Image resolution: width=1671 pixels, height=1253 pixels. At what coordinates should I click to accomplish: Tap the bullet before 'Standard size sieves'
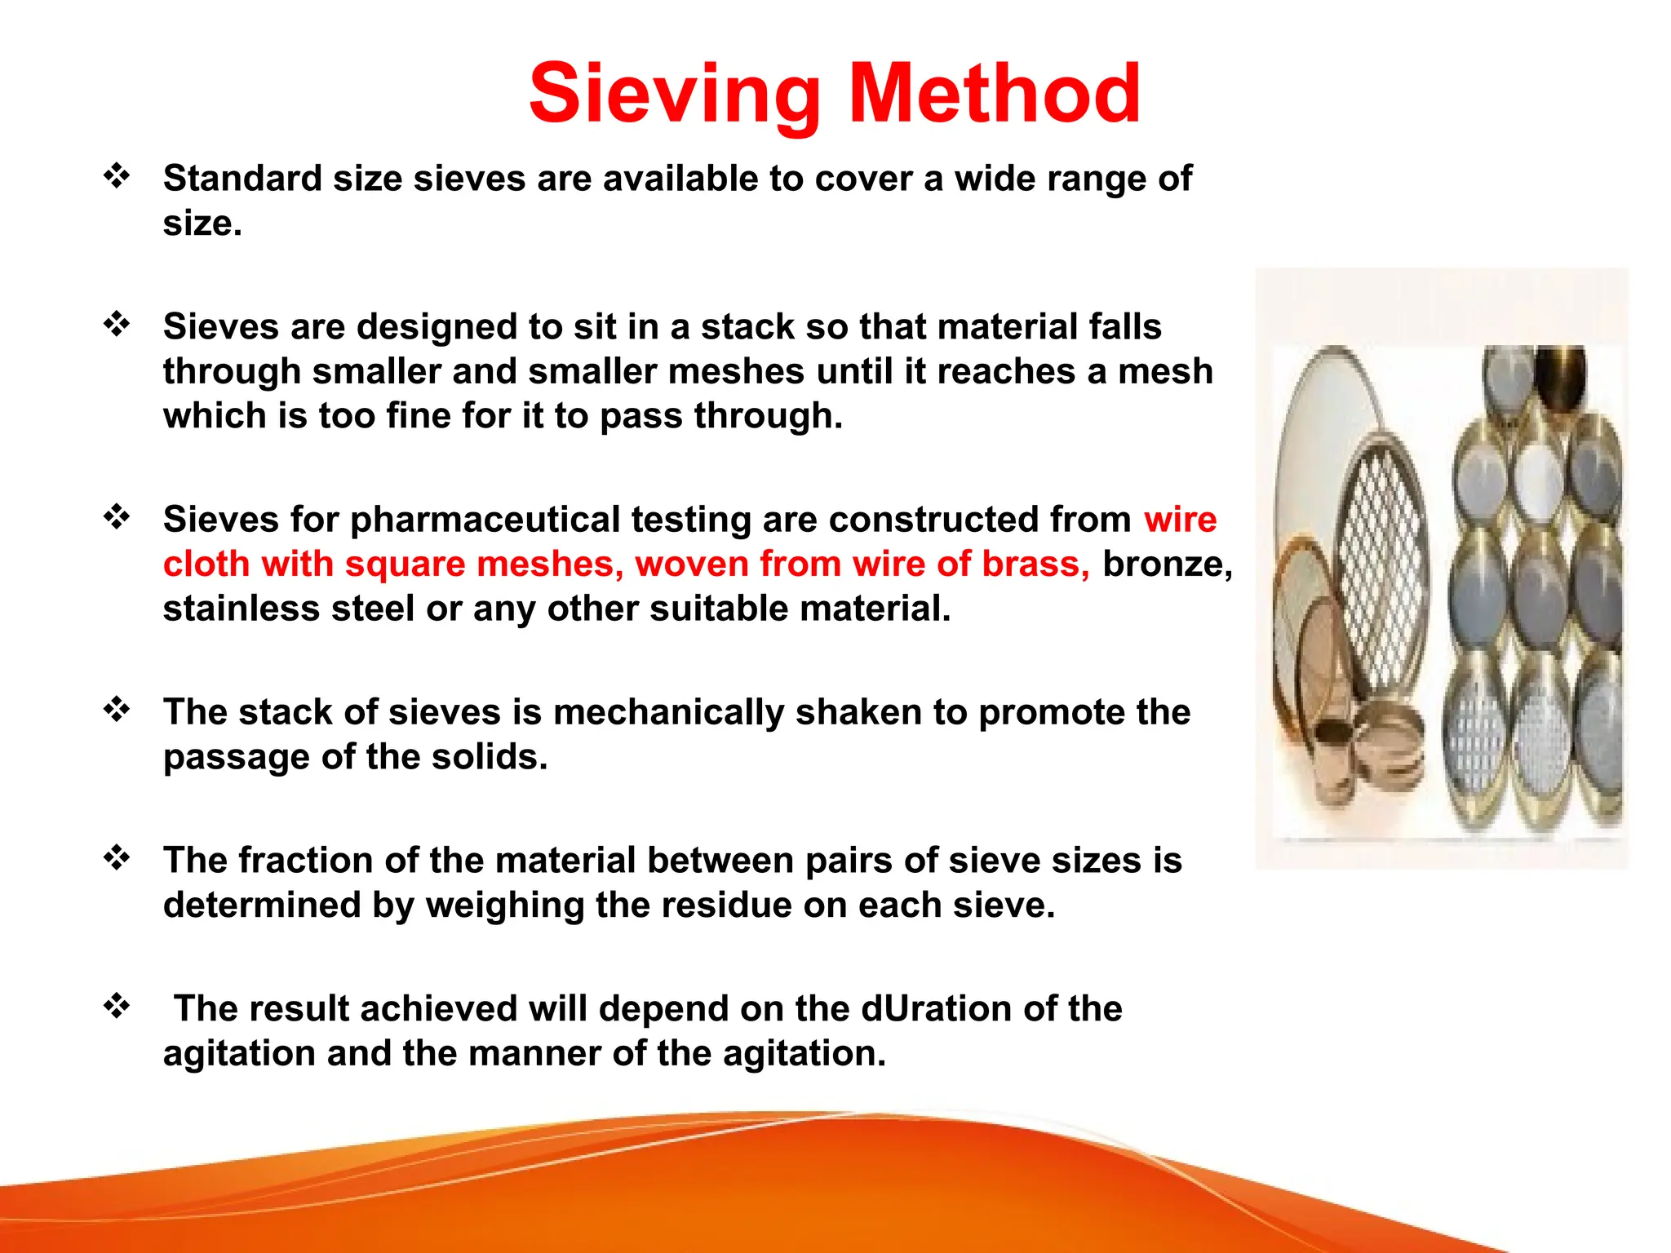[x=117, y=175]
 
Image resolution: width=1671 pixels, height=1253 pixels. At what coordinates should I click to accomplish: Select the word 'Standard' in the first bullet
[x=242, y=179]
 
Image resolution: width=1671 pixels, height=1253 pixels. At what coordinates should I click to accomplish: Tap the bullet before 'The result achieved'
[x=117, y=1005]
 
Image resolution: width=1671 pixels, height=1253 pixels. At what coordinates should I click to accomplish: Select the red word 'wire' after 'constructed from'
[x=1180, y=520]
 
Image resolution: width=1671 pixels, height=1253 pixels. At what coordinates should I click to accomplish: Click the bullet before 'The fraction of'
[x=117, y=857]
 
